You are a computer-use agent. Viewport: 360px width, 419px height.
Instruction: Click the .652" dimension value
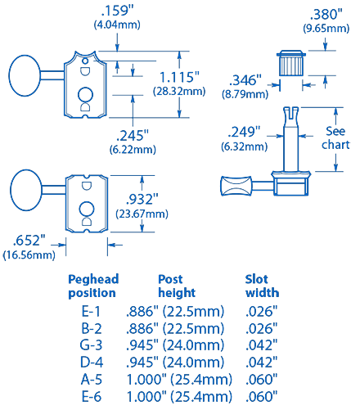29,241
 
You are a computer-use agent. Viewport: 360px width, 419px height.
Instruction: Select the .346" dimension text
245,80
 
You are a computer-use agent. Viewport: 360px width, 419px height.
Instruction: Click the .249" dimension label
245,132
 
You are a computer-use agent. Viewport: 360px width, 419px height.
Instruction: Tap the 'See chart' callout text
336,137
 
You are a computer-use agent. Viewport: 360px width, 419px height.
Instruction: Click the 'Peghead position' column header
92,286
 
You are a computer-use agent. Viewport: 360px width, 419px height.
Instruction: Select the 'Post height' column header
176,286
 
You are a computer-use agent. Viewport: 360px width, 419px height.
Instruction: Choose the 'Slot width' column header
262,286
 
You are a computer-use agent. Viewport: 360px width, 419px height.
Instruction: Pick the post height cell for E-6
179,396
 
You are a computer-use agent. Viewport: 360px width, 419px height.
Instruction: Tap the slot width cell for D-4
262,362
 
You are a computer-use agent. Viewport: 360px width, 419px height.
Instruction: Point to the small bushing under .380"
292,62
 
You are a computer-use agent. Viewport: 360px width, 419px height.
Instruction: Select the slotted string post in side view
292,135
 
